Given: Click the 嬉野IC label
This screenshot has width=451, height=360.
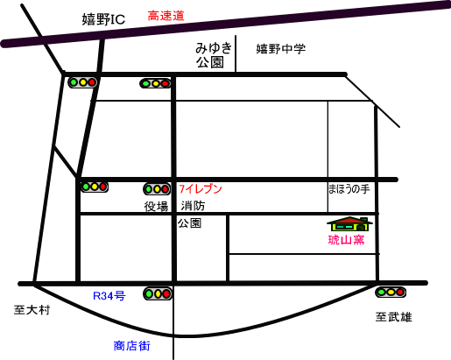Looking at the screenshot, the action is [x=103, y=19].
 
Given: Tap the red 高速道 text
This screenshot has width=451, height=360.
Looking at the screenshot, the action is [x=166, y=16].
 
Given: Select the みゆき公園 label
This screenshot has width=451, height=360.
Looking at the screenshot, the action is [x=214, y=55].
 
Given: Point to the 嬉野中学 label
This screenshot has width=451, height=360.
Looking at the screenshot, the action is [x=281, y=48].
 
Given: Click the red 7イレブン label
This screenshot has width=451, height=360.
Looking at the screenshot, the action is [x=201, y=189].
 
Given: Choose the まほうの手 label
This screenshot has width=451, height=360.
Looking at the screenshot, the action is [x=349, y=189].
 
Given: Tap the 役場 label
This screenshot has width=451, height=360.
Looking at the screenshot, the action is [x=156, y=207].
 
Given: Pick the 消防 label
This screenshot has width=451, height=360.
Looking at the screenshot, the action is [x=193, y=206].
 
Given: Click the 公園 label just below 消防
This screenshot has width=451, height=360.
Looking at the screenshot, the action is [x=189, y=223].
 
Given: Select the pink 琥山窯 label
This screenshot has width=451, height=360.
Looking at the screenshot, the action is [x=347, y=240].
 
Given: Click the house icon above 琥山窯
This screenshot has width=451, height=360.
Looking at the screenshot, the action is [x=349, y=224].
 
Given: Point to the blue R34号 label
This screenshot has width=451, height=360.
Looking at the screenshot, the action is [x=109, y=296].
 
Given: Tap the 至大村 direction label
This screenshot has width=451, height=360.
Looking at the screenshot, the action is [x=32, y=310].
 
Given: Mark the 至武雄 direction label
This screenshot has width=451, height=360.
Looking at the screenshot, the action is [x=393, y=317].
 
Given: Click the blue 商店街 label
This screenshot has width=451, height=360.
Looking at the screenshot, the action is [x=131, y=346].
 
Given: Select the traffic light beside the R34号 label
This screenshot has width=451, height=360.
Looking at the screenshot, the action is [x=158, y=293].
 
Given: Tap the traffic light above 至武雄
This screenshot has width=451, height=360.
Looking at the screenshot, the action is [x=391, y=292].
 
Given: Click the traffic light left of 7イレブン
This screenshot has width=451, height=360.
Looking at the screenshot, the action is [x=157, y=189].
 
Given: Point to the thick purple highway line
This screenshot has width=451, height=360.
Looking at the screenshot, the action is [x=225, y=25].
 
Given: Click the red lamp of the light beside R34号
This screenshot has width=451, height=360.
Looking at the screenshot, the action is [x=166, y=293].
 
